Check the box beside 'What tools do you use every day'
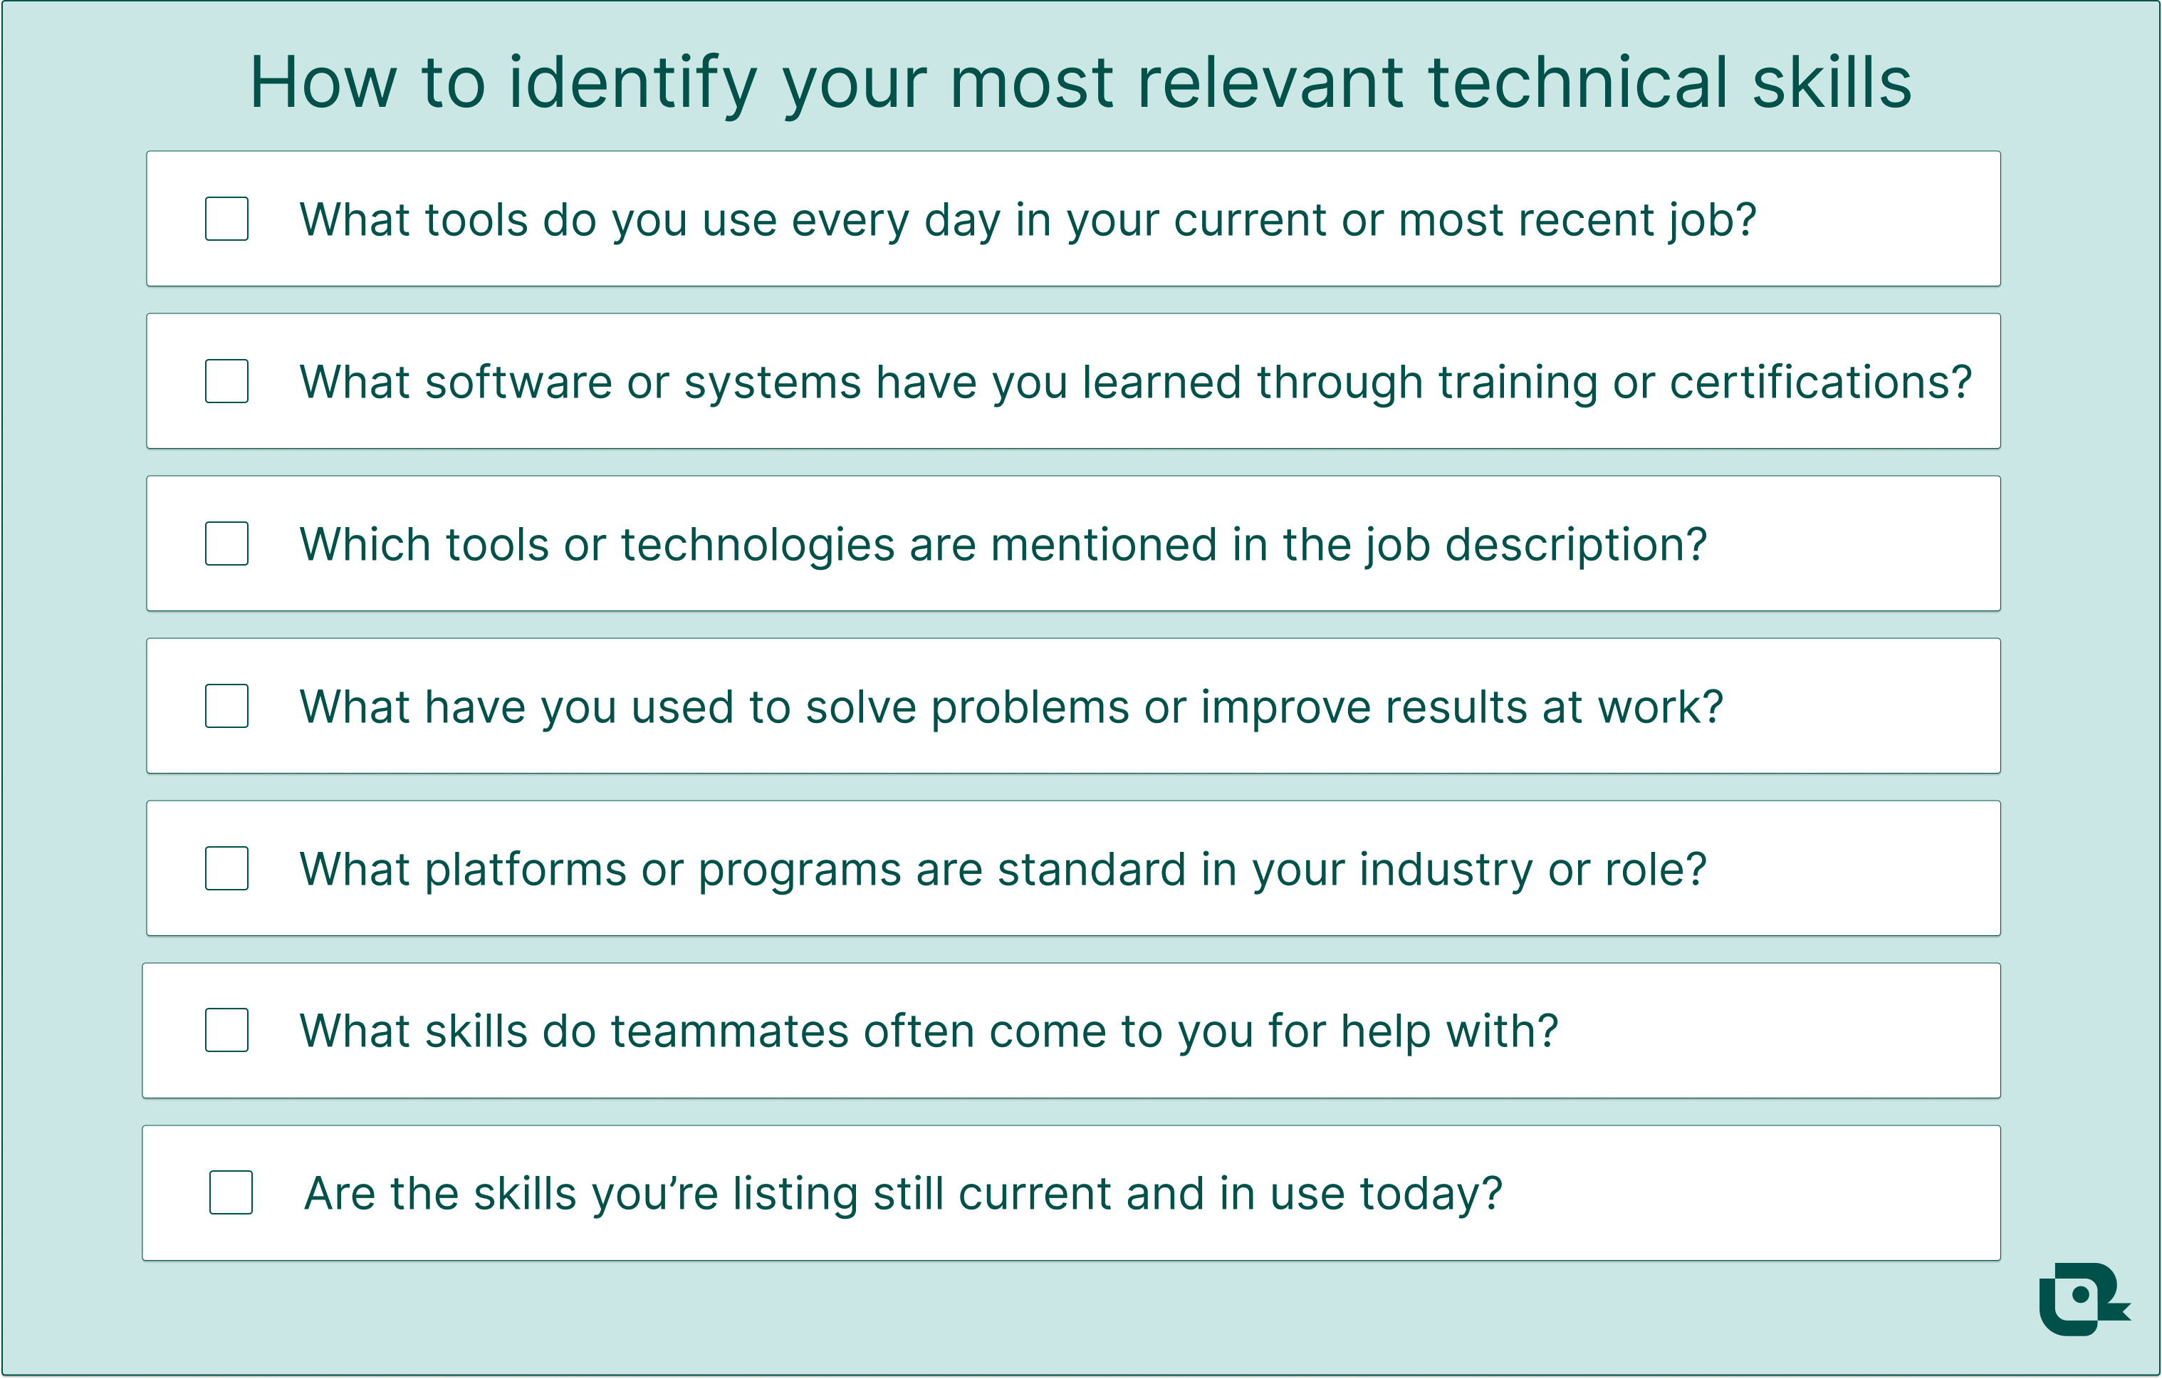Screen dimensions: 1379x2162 pyautogui.click(x=226, y=219)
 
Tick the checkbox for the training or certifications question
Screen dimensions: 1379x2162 pyautogui.click(x=226, y=382)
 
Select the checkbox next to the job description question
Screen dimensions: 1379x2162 pyautogui.click(x=226, y=544)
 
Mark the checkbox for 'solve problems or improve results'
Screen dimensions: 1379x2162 pyautogui.click(x=226, y=707)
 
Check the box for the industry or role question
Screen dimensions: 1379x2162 pyautogui.click(x=226, y=869)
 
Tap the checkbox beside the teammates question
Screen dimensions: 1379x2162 pyautogui.click(x=226, y=1031)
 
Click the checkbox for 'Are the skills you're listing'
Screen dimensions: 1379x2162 pyautogui.click(x=231, y=1193)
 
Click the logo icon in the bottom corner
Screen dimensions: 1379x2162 pyautogui.click(x=2082, y=1299)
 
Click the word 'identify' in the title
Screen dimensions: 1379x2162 pyautogui.click(x=633, y=83)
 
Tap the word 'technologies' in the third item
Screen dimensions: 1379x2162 pyautogui.click(x=758, y=545)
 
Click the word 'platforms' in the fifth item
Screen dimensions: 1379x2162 pyautogui.click(x=526, y=870)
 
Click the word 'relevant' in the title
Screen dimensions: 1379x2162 pyautogui.click(x=1270, y=83)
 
